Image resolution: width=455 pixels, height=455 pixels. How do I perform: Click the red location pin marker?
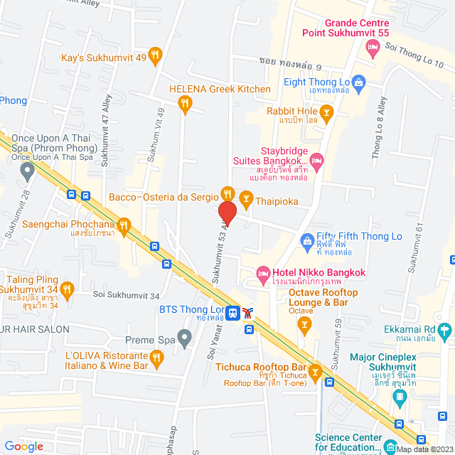227,214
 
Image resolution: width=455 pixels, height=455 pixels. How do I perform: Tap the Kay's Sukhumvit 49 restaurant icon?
156,54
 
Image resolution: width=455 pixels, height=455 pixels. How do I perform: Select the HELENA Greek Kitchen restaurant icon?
185,104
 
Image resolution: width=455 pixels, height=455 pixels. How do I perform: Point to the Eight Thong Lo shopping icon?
359,82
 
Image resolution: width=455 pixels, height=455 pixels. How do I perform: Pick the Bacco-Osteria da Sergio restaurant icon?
227,193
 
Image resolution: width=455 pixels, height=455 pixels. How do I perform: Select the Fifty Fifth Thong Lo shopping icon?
306,241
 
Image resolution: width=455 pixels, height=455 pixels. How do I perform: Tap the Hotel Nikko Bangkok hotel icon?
262,273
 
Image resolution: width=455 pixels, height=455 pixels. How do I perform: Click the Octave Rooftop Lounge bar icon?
304,326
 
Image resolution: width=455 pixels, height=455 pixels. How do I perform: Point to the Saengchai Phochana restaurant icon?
124,226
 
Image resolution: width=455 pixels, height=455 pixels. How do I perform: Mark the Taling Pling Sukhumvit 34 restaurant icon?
68,289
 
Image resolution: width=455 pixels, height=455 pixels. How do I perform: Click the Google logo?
24,446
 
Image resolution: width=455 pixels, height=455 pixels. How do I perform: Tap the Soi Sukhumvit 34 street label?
125,296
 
